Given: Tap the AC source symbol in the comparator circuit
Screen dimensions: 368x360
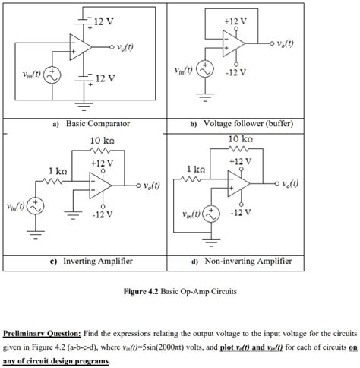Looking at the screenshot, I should point(52,75).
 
